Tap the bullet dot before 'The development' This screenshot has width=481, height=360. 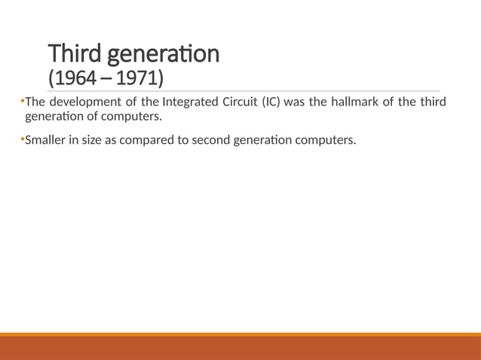pyautogui.click(x=23, y=101)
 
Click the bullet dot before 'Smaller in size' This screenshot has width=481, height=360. pyautogui.click(x=23, y=138)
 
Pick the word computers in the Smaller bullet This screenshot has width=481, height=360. pyautogui.click(x=327, y=139)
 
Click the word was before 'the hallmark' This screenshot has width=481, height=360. pyautogui.click(x=297, y=102)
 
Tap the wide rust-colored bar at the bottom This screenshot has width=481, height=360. pyautogui.click(x=240, y=348)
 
